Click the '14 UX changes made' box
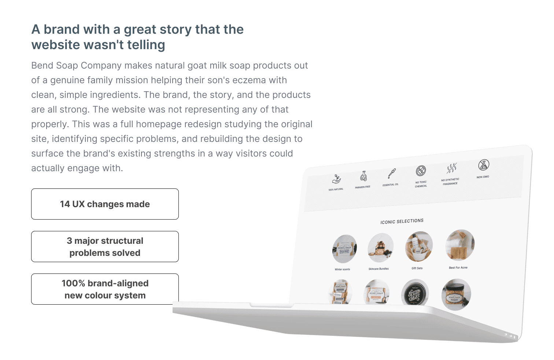[105, 204]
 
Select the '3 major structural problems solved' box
[105, 247]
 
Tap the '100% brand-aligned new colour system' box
[105, 289]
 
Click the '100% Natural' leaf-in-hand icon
[336, 179]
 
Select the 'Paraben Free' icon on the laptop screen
[363, 176]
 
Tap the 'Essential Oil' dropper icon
[392, 174]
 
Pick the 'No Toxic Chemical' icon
[421, 171]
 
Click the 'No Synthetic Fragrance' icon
[451, 168]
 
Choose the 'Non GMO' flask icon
[483, 165]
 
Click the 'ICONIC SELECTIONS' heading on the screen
[402, 221]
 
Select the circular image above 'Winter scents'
[344, 249]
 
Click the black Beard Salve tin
[415, 293]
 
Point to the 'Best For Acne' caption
[458, 268]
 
